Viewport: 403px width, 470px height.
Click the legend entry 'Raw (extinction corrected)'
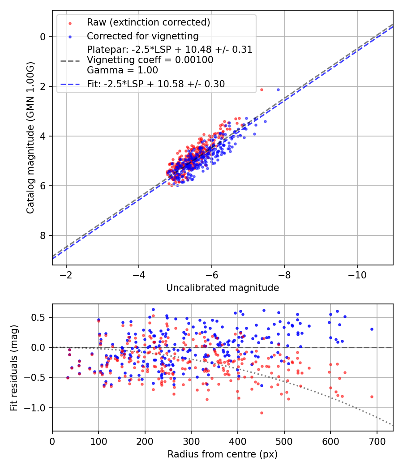click(148, 22)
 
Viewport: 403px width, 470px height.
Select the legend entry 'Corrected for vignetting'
click(142, 36)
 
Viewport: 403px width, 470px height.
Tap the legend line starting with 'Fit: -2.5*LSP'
click(156, 84)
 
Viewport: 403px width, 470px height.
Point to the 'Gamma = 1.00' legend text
click(122, 70)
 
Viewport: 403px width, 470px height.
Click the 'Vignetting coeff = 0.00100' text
click(150, 60)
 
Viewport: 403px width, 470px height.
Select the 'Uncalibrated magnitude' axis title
click(223, 288)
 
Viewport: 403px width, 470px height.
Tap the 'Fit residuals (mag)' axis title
click(14, 367)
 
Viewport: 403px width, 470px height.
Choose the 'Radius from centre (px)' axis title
click(223, 454)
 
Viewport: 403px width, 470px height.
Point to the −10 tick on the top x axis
click(357, 273)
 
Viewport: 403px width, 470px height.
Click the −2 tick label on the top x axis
click(66, 273)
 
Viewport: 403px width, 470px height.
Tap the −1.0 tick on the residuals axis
click(38, 408)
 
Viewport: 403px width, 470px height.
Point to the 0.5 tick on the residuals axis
click(40, 317)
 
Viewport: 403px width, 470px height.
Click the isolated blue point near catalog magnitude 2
click(278, 90)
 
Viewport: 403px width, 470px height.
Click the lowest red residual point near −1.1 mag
click(262, 413)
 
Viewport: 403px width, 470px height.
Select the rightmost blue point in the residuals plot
click(372, 329)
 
